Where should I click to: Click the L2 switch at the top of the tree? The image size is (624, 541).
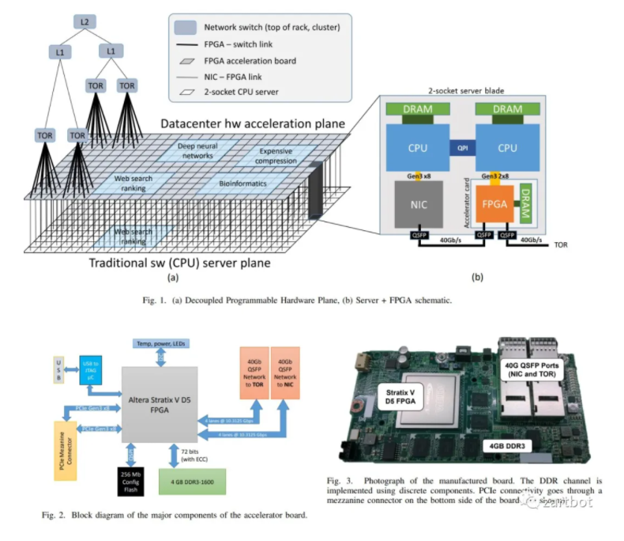[84, 21]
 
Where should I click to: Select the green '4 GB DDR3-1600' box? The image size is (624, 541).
[190, 480]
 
